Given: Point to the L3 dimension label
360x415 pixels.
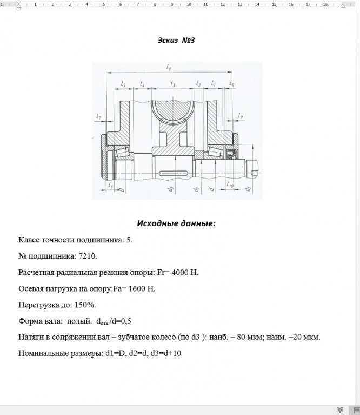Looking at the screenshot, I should coord(172,84).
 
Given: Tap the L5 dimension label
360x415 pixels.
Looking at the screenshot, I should coord(123,84).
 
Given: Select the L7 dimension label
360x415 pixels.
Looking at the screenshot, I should coord(98,116).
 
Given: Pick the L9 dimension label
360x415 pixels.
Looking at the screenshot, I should coord(241,116).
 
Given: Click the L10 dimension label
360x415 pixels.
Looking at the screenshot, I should coord(230,186).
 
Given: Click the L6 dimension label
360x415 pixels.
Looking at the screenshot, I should coord(110,186).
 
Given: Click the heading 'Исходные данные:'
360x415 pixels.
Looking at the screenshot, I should coord(176,223).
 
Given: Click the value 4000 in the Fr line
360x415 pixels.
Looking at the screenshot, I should coord(180,272).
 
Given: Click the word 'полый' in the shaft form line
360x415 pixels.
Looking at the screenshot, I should coord(79,321).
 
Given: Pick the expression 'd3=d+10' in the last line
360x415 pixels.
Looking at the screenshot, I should coord(168,353).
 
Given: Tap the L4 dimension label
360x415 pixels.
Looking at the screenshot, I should coord(142,84).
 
